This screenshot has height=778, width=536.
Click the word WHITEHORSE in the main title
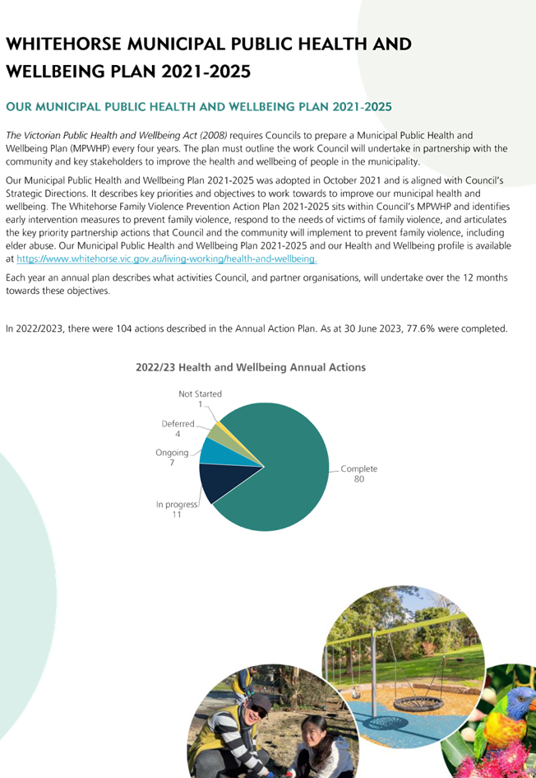[x=63, y=44]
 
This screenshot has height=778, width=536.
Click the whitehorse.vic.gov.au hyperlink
[x=167, y=259]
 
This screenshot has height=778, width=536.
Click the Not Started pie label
[x=200, y=394]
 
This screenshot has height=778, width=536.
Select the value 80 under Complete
[x=359, y=479]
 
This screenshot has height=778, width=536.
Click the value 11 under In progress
[x=177, y=515]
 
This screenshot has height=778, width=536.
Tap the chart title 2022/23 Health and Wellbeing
[x=251, y=368]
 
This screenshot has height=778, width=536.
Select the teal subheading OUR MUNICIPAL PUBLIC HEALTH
[x=199, y=107]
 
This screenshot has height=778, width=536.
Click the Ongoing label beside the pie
[x=172, y=453]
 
